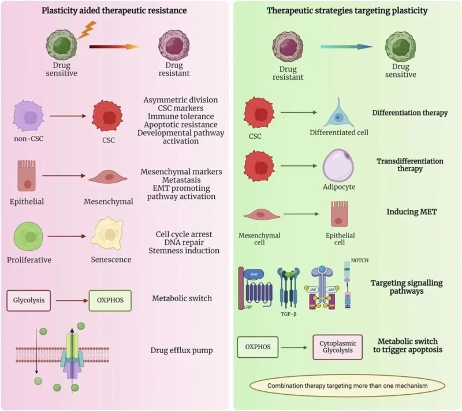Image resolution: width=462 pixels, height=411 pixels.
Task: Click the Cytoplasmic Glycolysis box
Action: point(337,348)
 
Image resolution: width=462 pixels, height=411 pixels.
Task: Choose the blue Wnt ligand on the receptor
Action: point(253,274)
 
